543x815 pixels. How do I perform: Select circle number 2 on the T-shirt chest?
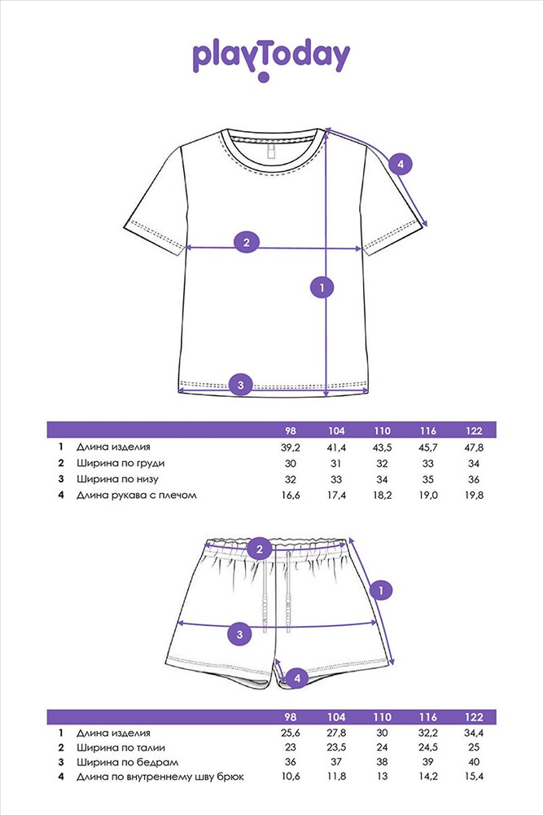tap(246, 241)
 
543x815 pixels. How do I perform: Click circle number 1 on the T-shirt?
tap(323, 287)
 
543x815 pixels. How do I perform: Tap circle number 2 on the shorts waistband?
tap(259, 549)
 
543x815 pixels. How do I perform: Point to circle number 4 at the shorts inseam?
tap(297, 676)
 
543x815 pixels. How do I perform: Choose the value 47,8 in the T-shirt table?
tap(473, 447)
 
